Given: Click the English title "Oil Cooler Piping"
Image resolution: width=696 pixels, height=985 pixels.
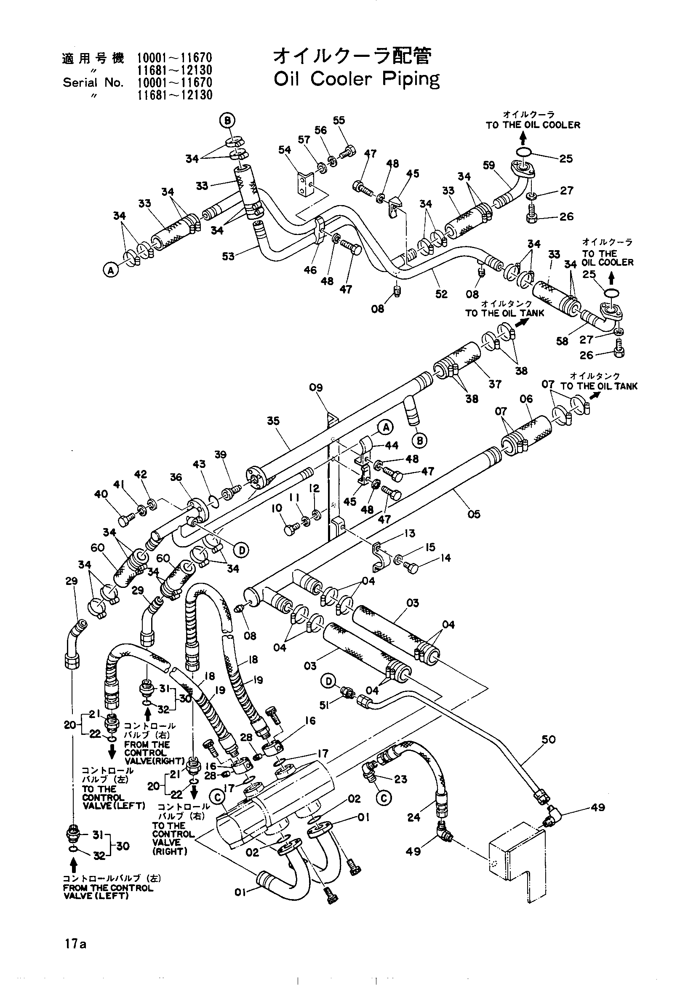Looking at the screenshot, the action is tap(356, 79).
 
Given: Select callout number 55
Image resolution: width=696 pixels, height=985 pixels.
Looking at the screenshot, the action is tap(339, 120).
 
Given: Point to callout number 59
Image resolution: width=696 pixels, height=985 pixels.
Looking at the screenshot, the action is tap(489, 166).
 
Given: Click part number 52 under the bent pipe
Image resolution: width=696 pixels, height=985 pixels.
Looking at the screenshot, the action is tap(441, 294).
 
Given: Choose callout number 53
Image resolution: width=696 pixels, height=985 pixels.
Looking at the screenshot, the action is tap(228, 256).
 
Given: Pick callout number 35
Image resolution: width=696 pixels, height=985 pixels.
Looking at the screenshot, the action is tap(273, 421).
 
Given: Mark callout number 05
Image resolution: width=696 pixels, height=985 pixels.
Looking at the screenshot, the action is tap(474, 514).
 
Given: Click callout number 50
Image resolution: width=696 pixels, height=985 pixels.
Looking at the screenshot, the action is tap(549, 739).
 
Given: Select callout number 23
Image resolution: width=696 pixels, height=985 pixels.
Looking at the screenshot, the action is tap(400, 779).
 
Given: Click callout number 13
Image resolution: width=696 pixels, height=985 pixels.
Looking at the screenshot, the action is tap(410, 533).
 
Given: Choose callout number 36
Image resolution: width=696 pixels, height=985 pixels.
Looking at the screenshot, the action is tap(176, 478).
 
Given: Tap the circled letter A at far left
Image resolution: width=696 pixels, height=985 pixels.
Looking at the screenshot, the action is tap(111, 270).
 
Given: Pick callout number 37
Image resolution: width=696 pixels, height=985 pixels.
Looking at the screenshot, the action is tap(495, 384).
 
